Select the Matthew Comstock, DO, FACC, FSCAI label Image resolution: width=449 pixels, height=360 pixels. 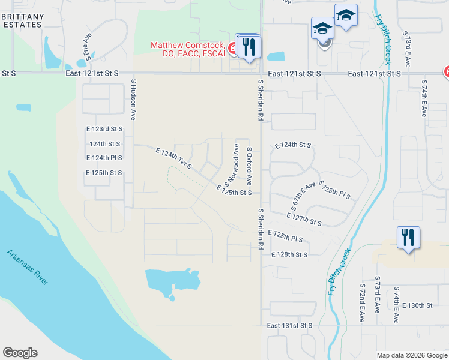[x=187, y=49]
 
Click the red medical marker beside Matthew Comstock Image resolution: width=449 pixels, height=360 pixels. [x=232, y=47]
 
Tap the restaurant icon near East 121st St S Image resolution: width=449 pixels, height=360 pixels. [x=249, y=47]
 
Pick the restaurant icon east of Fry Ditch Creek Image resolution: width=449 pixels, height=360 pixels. [x=408, y=238]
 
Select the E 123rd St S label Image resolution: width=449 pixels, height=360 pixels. [x=104, y=129]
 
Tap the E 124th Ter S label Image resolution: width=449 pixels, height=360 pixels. [x=173, y=158]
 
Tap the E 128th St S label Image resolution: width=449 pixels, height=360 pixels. [x=289, y=254]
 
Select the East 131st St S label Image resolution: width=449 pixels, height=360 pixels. [x=291, y=325]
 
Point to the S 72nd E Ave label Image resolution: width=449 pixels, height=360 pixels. [x=362, y=302]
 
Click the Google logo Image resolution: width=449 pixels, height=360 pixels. [x=20, y=353]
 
